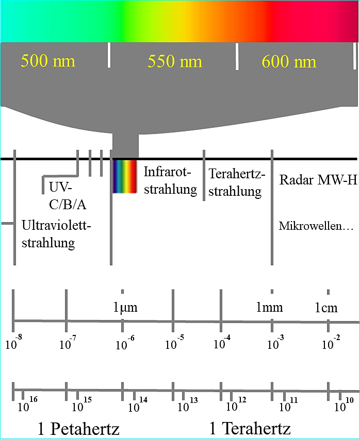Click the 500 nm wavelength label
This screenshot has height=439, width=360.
tap(48, 61)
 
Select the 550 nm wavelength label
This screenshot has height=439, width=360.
tap(175, 61)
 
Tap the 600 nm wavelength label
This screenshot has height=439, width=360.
tap(289, 62)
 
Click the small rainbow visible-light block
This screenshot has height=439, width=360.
tap(124, 176)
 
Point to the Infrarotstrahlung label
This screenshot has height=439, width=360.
tap(170, 180)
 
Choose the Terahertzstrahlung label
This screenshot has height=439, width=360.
tap(237, 182)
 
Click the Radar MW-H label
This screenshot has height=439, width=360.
tap(318, 179)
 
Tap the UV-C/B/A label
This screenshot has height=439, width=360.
tap(68, 196)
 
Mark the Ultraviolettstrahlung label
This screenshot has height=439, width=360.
tap(56, 234)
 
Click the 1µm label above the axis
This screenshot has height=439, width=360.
tap(125, 308)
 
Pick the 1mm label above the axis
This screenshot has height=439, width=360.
tap(270, 308)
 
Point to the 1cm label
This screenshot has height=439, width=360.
tap(326, 308)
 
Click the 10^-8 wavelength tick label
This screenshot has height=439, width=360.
tap(14, 342)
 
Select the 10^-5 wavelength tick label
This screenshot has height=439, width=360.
tap(174, 342)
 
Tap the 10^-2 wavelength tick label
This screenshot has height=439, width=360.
tap(331, 342)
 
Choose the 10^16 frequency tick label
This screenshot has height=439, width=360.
tap(27, 404)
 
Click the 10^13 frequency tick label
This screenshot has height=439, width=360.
tap(188, 404)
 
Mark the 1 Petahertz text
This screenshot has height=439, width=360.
tap(78, 429)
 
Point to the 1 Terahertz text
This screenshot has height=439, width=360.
tap(250, 428)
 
